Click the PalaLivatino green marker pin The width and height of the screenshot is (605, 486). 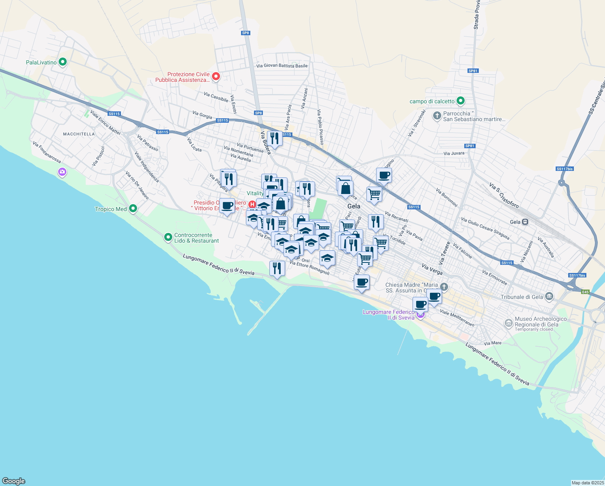click(x=62, y=62)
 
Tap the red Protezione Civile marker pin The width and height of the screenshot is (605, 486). click(x=216, y=76)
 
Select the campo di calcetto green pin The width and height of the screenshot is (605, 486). click(x=460, y=101)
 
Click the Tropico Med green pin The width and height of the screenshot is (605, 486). click(x=133, y=209)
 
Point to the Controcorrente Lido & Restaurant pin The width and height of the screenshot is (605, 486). click(x=168, y=237)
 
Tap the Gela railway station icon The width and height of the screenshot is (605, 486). click(x=525, y=222)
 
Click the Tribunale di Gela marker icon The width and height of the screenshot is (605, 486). click(x=549, y=296)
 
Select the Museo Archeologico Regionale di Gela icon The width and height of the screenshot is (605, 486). click(x=509, y=323)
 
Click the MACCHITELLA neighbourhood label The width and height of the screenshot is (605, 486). click(x=79, y=134)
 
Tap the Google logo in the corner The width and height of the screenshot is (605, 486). click(x=14, y=481)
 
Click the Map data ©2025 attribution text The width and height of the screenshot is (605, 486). click(x=587, y=483)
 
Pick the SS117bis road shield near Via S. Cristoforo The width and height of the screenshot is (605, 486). click(x=565, y=169)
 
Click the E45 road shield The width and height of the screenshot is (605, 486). click(x=586, y=292)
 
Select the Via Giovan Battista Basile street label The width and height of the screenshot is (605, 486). click(x=282, y=66)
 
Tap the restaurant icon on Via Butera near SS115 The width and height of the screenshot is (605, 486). click(x=275, y=139)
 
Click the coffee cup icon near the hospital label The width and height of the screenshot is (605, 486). click(x=227, y=206)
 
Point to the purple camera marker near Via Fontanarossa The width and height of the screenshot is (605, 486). click(x=62, y=172)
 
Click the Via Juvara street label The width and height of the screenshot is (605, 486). click(x=454, y=153)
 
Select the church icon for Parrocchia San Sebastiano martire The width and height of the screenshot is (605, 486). click(x=437, y=116)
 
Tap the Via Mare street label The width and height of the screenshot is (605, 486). click(x=493, y=343)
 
